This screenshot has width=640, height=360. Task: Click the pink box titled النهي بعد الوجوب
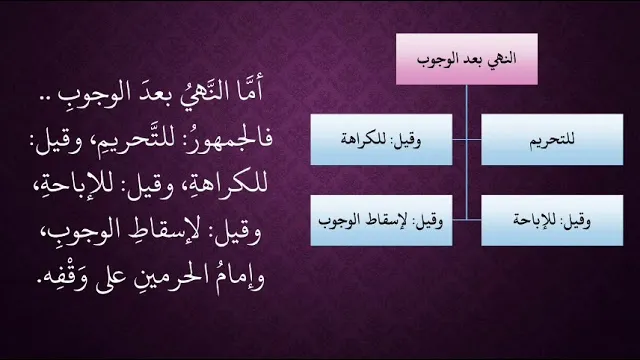(467, 59)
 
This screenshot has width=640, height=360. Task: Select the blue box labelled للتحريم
(552, 140)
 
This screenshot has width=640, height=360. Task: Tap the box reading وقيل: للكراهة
(381, 140)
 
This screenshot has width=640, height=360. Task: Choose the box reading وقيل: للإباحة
(552, 220)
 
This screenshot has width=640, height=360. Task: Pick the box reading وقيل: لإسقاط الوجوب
(381, 220)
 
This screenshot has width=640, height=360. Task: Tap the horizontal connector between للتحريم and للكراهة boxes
(467, 140)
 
